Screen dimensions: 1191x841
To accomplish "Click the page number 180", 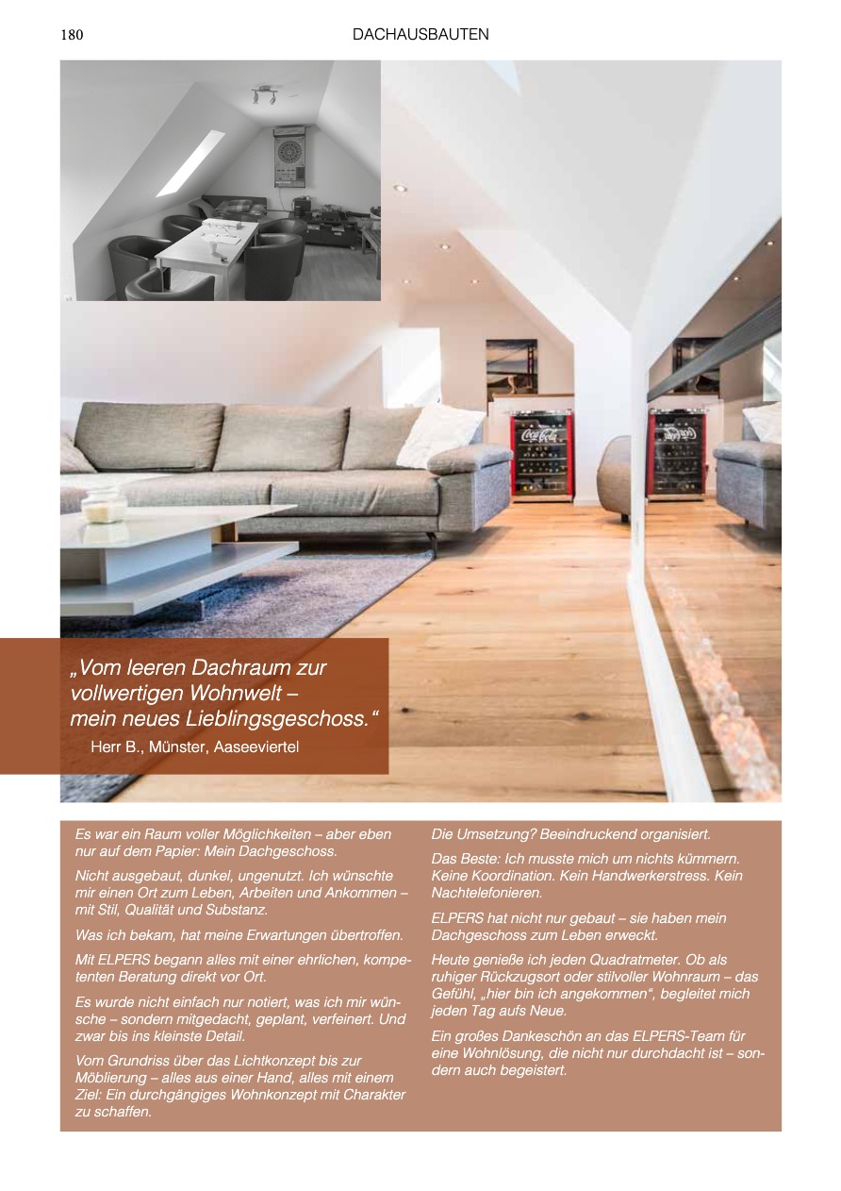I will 72,36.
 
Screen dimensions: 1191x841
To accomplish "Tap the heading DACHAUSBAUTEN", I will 420,35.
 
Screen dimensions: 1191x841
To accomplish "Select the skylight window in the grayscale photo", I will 190,162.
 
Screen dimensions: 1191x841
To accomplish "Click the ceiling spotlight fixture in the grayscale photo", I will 263,94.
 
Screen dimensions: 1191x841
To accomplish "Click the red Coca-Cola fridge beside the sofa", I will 542,456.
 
